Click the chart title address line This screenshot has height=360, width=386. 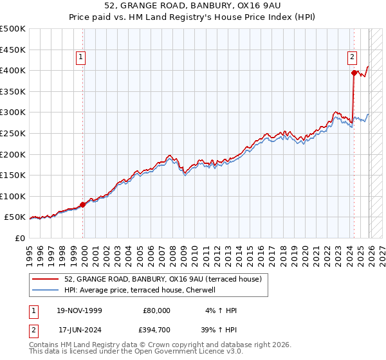click(x=192, y=6)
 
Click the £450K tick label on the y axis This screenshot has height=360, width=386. click(x=13, y=50)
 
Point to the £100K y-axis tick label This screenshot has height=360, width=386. click(x=13, y=196)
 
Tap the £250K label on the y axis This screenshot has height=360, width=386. click(x=13, y=133)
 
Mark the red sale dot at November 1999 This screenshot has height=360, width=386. click(x=83, y=204)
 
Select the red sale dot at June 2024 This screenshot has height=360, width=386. click(x=354, y=73)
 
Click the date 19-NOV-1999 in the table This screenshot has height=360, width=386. click(x=79, y=310)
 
